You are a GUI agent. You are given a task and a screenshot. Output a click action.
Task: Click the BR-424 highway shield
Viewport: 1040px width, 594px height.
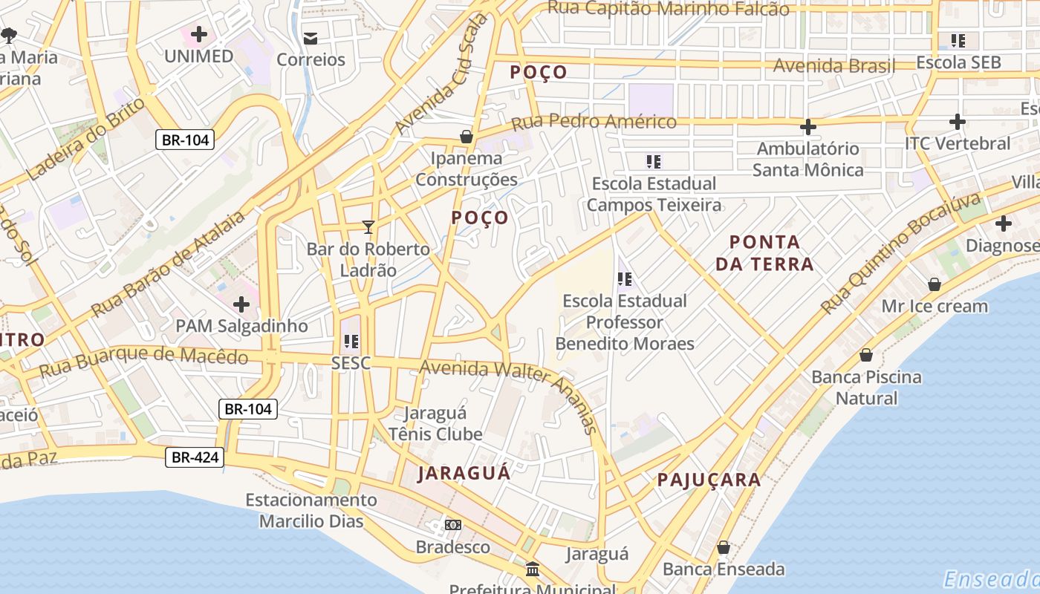tap(195, 457)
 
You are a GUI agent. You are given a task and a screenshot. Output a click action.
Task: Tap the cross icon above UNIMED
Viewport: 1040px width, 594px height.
tap(198, 34)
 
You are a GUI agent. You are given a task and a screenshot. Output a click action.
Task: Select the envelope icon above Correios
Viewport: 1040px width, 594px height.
tap(311, 38)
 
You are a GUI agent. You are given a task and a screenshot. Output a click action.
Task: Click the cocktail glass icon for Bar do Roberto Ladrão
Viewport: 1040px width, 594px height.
tap(368, 226)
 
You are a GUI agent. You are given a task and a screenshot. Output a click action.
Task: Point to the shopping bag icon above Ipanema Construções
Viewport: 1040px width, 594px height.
tap(467, 137)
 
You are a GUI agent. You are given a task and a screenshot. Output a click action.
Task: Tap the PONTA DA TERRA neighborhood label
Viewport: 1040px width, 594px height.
tap(764, 252)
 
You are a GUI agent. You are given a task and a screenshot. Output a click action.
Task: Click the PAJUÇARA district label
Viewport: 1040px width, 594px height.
tap(709, 480)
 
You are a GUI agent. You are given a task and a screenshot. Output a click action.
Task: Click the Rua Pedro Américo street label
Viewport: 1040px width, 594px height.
tap(594, 120)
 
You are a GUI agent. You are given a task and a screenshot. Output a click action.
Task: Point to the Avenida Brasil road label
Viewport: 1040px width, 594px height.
tap(833, 65)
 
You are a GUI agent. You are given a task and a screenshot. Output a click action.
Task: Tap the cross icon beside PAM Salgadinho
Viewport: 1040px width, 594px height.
tap(241, 304)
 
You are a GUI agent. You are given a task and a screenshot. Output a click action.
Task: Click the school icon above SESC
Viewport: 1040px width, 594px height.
tap(351, 342)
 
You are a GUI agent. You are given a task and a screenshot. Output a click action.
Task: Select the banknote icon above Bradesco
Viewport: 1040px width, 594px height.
tap(452, 525)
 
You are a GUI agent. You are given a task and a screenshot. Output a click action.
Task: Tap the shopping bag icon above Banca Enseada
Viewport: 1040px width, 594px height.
tap(723, 548)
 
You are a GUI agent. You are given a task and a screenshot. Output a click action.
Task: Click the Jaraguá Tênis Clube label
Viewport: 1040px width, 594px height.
tap(435, 423)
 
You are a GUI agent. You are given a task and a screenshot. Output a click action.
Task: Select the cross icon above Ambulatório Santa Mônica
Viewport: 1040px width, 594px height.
tap(807, 127)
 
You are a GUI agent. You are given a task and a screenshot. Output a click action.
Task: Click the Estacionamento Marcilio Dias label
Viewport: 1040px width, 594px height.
tap(311, 510)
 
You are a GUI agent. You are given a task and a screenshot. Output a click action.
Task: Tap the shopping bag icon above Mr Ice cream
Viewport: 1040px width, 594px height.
tap(934, 284)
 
